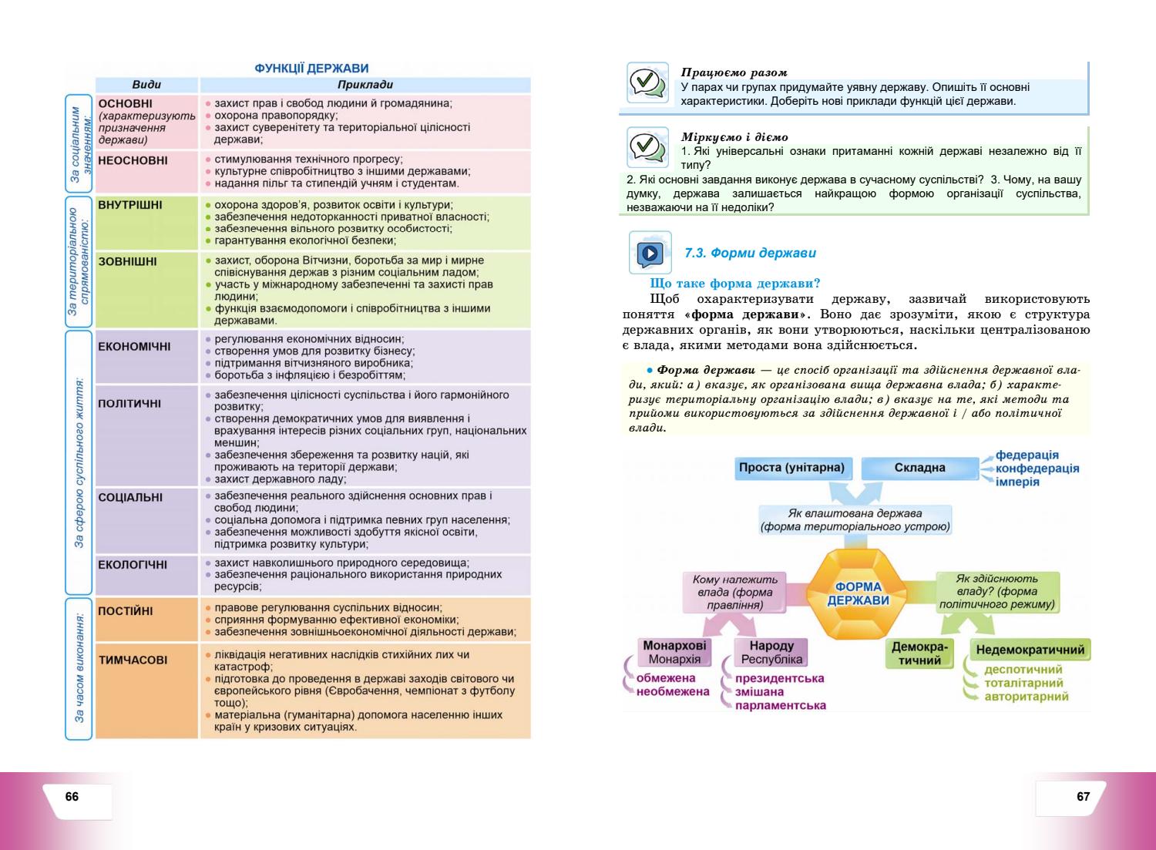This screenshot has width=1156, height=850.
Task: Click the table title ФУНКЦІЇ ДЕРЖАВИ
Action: coord(311,69)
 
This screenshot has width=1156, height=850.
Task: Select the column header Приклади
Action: coord(365,85)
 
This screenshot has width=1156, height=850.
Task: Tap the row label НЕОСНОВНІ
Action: coord(133,161)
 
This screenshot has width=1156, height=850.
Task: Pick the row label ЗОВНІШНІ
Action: coord(127,262)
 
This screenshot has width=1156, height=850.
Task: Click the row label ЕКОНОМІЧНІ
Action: coord(134,347)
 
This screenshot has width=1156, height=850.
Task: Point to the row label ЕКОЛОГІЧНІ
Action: coord(133,565)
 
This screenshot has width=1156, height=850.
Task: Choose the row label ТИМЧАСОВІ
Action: coord(133,660)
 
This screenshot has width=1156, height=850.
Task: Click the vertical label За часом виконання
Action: coord(79,667)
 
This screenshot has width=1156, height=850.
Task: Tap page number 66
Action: coord(72,797)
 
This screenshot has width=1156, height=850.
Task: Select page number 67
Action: coord(1084,797)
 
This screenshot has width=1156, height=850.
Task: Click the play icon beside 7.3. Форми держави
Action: coord(650,252)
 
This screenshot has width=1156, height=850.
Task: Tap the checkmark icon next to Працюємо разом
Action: coord(647,82)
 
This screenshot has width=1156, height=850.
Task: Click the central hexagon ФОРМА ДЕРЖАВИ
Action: coord(862,593)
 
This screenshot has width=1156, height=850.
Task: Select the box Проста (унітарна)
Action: coord(791,468)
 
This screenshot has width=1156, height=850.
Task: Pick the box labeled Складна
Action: coord(919,468)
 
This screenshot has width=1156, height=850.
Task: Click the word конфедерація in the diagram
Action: coord(1037,469)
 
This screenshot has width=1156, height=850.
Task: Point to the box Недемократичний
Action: coord(1030,650)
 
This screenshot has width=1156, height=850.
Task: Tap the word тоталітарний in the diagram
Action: coord(1023,683)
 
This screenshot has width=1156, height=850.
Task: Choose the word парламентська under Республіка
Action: coord(780,705)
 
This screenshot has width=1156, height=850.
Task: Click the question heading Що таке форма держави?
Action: coord(735,284)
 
